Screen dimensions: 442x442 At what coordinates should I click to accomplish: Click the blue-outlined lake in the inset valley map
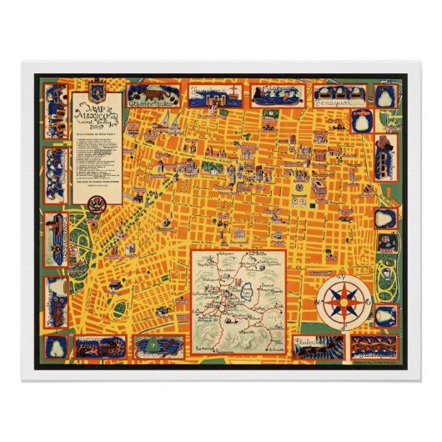coord(250,291)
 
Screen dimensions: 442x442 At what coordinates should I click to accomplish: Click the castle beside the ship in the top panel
coord(206,95)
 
